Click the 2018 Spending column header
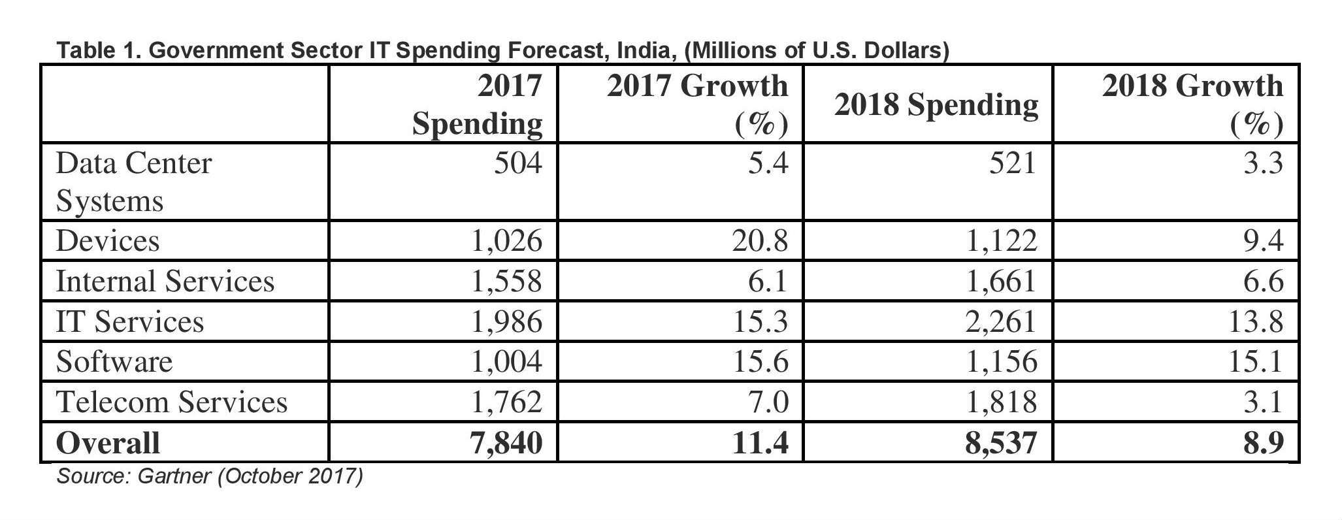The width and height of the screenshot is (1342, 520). coord(936,105)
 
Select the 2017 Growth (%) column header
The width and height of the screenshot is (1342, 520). coord(697,105)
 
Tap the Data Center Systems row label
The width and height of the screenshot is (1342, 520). coord(134,182)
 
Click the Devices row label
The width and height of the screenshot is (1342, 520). coord(108,241)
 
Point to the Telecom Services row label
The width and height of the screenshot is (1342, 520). coord(172,402)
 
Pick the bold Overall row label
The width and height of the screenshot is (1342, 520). coord(108,443)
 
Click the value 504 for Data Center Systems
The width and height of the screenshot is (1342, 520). coord(517,163)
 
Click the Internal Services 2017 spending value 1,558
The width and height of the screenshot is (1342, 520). coord(506,282)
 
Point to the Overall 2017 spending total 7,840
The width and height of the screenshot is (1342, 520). coord(506,443)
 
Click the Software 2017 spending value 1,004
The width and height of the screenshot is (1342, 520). coord(506,362)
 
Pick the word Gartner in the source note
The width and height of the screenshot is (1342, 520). coord(174,476)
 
